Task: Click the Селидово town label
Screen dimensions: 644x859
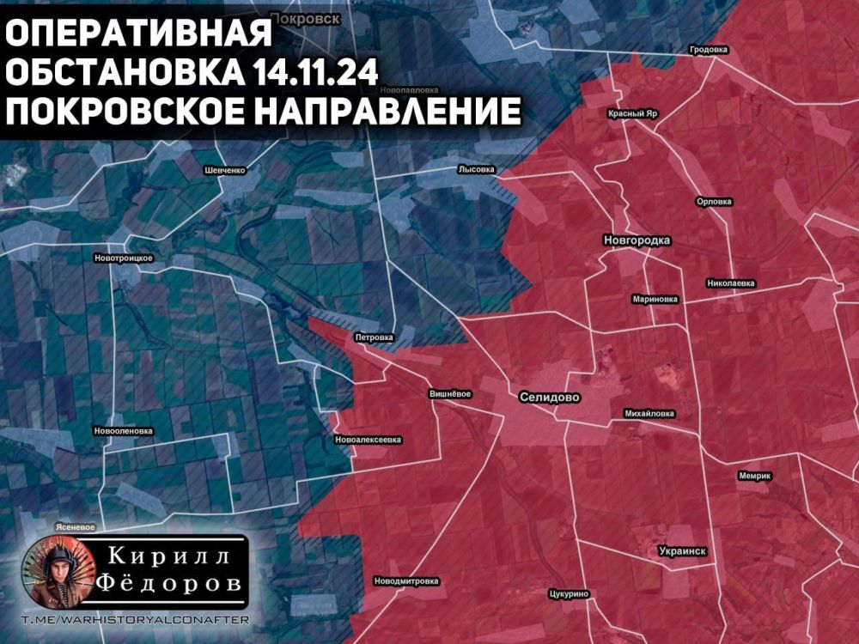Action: [550, 398]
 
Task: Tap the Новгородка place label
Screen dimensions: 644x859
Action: [637, 240]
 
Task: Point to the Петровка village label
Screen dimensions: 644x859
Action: [374, 337]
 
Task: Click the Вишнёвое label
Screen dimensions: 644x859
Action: [449, 394]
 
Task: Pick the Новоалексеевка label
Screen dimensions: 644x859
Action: [367, 440]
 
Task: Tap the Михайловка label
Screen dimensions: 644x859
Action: [649, 413]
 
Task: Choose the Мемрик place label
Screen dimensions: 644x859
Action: [755, 476]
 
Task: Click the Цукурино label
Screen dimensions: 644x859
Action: [567, 593]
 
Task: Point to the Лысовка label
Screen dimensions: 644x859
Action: [477, 170]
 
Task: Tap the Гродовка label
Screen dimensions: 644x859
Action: [709, 50]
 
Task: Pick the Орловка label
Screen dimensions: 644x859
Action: [714, 202]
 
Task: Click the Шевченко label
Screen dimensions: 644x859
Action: [225, 170]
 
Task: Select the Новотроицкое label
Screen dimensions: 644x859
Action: [124, 258]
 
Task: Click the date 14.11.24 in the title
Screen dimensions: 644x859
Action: [315, 73]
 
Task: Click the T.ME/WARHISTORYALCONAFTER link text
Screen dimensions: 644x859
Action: [133, 620]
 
